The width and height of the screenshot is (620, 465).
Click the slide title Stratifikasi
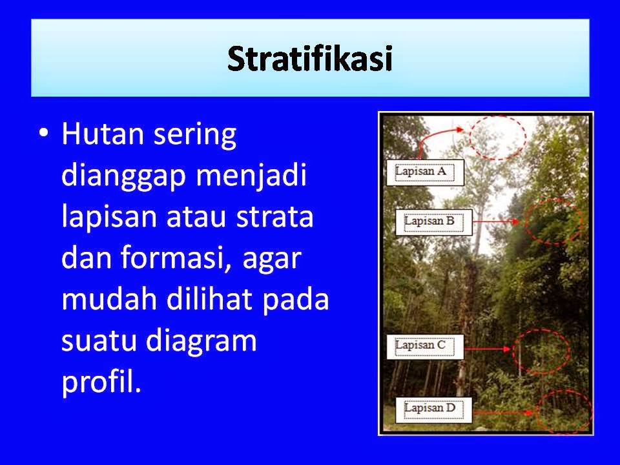(310, 59)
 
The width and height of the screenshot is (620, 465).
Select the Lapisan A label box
(425, 172)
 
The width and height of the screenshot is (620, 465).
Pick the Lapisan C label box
(424, 346)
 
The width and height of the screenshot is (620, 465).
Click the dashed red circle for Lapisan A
(497, 137)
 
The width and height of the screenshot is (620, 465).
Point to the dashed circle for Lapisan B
(553, 220)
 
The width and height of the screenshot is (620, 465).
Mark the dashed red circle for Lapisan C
(544, 351)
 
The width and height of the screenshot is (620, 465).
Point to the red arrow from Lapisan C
(491, 348)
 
